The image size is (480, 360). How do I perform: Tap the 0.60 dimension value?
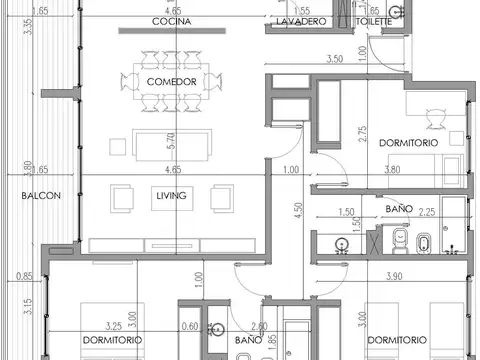(191, 325)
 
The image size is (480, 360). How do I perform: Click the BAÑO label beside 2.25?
(397, 207)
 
